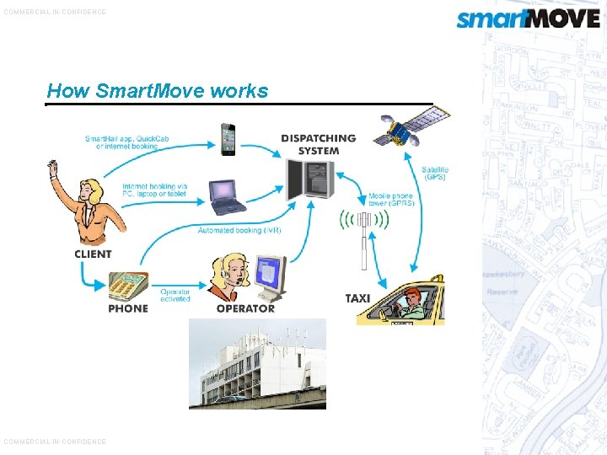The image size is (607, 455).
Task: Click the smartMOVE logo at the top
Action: tap(528, 19)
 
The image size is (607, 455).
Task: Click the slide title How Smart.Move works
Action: tap(158, 91)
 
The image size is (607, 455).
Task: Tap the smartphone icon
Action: tap(228, 139)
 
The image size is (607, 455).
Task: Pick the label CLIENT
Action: tap(93, 254)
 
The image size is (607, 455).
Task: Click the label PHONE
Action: tap(128, 309)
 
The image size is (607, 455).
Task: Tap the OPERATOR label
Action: tap(245, 309)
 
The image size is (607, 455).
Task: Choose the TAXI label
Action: tap(357, 298)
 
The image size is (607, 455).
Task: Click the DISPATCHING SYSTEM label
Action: tap(319, 144)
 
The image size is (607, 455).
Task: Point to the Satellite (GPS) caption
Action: tap(435, 174)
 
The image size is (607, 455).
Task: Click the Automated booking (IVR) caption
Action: tap(239, 230)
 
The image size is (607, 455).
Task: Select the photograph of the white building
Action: tap(257, 363)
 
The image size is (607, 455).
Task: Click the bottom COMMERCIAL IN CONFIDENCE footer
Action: tap(55, 442)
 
